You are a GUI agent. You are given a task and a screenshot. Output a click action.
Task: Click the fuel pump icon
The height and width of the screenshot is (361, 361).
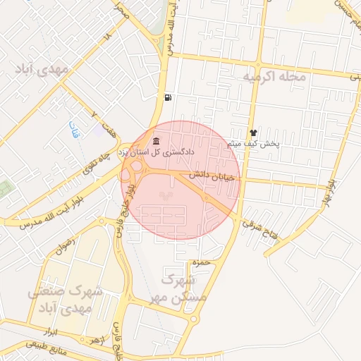coord(166,97)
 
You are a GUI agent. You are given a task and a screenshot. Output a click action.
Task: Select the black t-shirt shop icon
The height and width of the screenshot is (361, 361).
coord(253,133)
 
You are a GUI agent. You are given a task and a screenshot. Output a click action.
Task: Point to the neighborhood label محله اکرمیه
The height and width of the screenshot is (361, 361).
coord(275,76)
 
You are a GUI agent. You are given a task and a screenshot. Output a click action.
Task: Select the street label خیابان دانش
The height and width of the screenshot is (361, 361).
coord(212,177)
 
